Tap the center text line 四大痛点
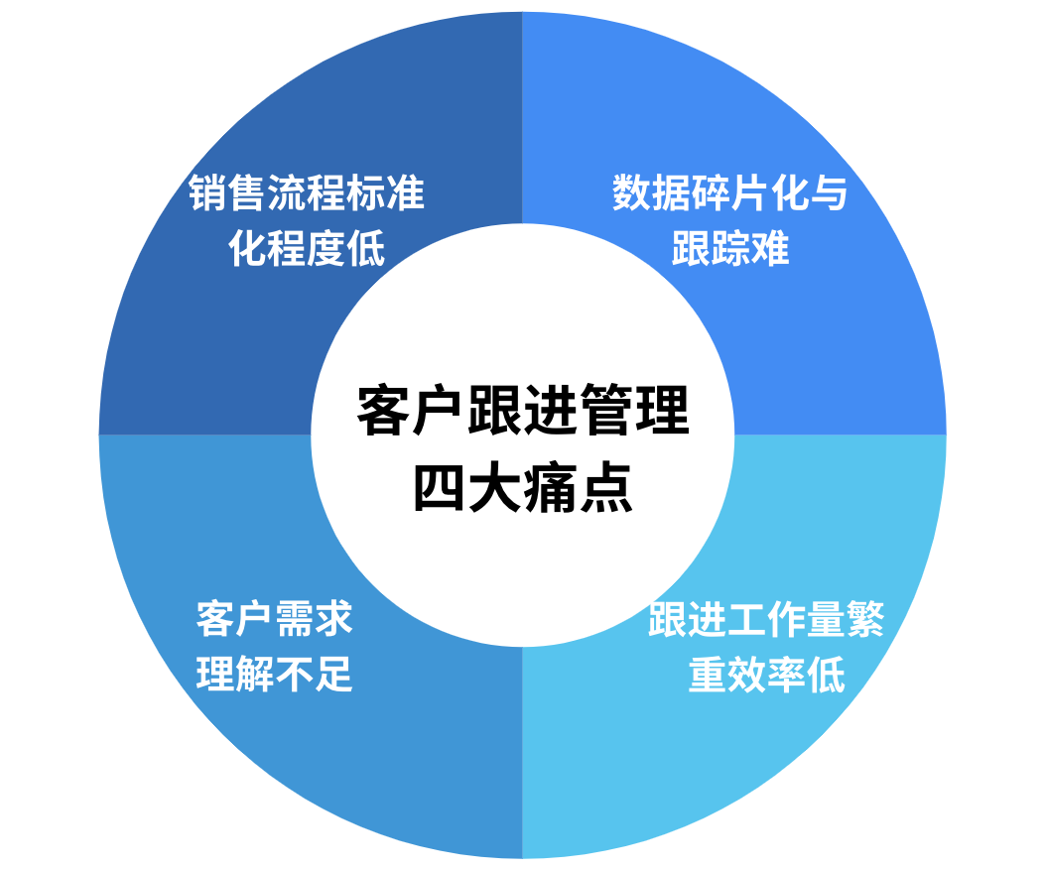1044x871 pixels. [x=522, y=488]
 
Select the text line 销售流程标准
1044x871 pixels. [x=307, y=193]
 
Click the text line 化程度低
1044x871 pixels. [x=307, y=248]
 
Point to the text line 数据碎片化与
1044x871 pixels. [x=730, y=193]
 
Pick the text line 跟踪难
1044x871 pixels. [x=730, y=248]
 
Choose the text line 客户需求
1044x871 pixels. [x=275, y=620]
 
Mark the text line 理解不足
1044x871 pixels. [x=275, y=675]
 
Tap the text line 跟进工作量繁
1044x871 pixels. [x=766, y=620]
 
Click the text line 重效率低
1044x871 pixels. [x=766, y=675]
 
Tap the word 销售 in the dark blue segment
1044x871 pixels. [x=228, y=193]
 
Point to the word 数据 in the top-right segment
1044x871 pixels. [x=652, y=193]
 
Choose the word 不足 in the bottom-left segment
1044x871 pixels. [x=314, y=675]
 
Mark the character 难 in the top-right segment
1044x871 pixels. [x=769, y=248]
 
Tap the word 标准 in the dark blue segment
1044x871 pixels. [x=385, y=193]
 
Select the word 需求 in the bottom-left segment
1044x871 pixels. [x=314, y=620]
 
